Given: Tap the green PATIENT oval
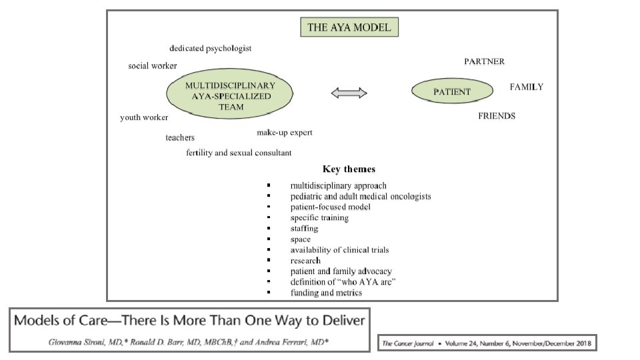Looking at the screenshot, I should coord(452,92).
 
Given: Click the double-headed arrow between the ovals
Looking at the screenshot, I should coord(349,94).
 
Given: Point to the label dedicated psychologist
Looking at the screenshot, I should coord(210,49).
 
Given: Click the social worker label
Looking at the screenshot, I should coord(153,66).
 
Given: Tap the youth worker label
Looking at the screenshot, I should coord(144,117).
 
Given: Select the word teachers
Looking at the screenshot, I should coord(180,138).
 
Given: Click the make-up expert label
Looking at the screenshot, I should coord(285,133).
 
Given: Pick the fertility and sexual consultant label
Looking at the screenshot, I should coord(239,153).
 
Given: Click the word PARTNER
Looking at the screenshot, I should coord(484,62).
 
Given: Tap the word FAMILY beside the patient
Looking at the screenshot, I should coord(526,87).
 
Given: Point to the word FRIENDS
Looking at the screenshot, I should coord(497,116).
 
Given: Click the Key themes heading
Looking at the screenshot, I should coord(349,169).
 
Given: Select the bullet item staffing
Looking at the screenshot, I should coord(305,229).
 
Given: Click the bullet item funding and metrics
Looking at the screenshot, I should coord(326,293).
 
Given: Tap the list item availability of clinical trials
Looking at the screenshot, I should coord(339,250).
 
